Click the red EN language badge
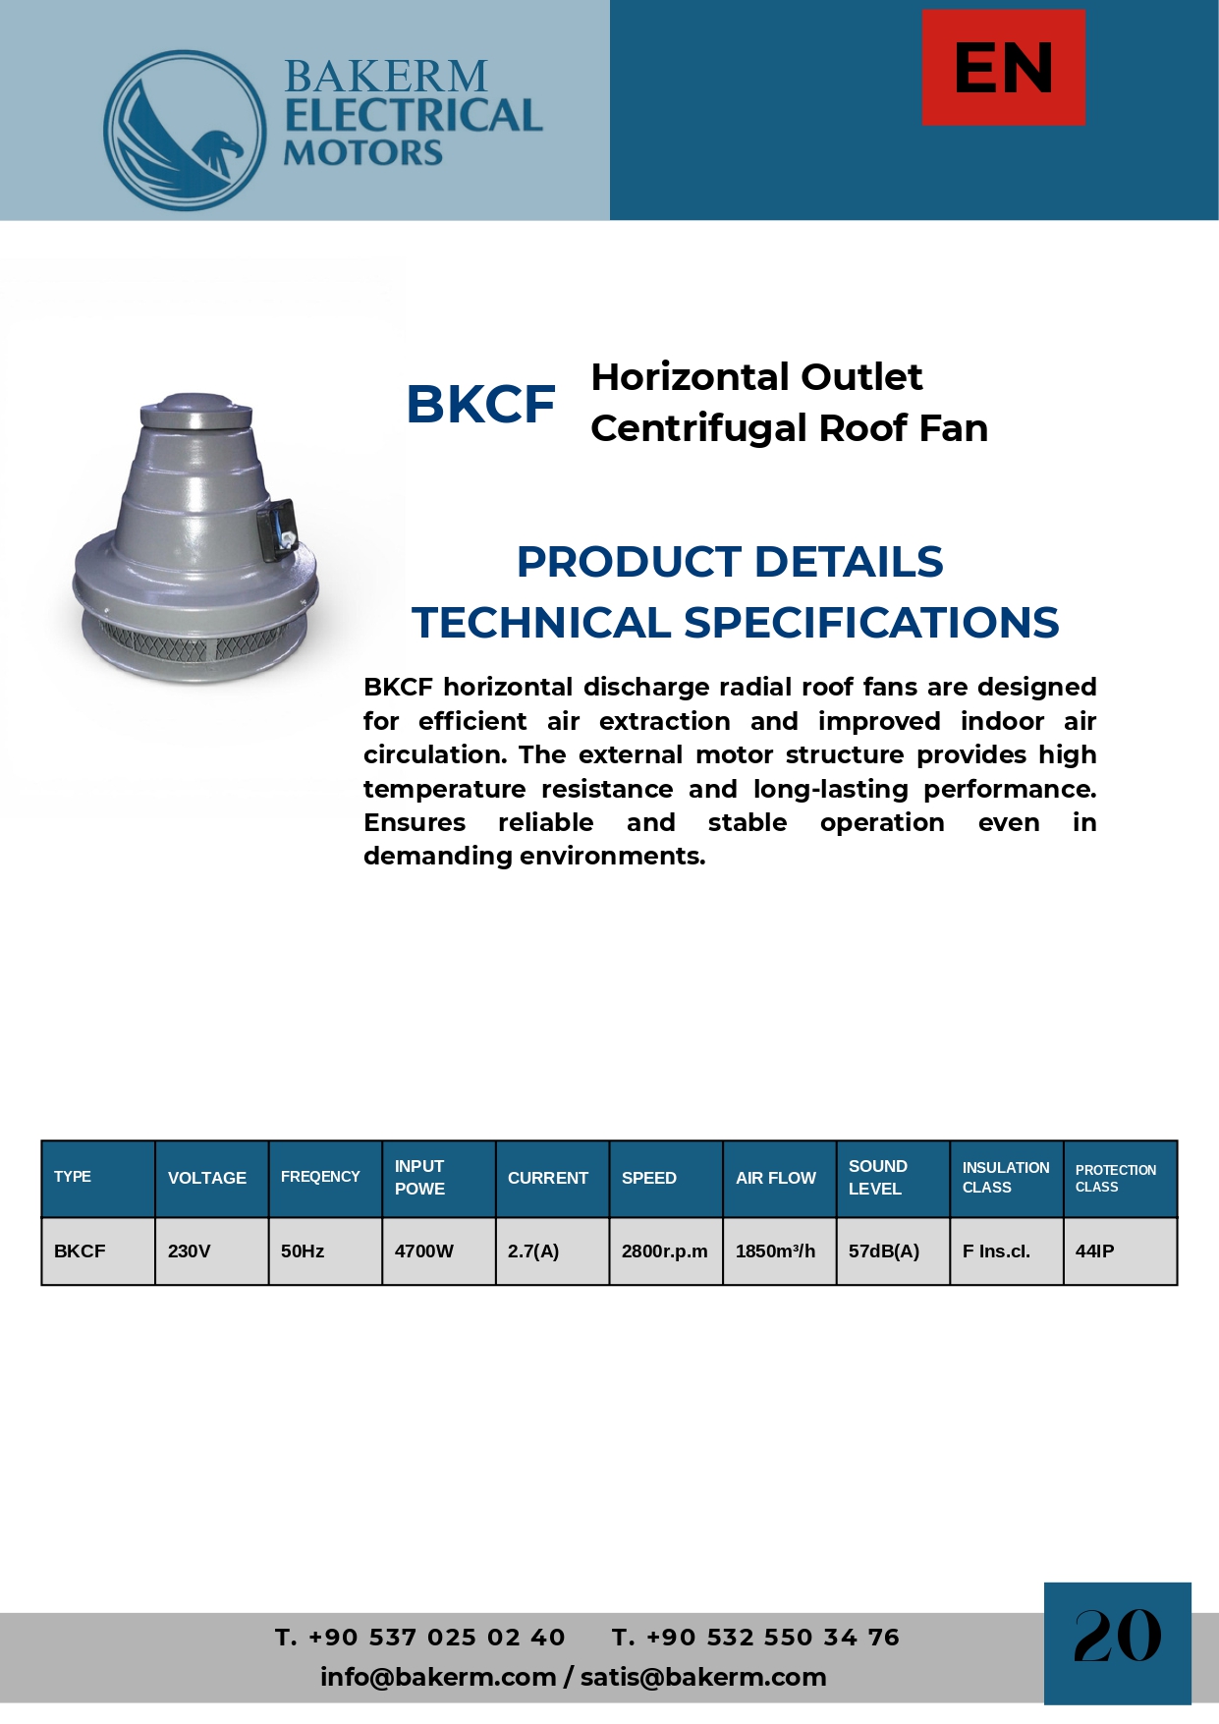(1003, 68)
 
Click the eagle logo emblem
(185, 131)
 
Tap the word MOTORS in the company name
(362, 153)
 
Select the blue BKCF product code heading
(480, 404)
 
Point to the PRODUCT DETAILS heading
(730, 562)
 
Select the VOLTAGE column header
(207, 1178)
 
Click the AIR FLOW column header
(776, 1178)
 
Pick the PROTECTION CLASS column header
(1116, 1178)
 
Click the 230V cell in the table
(190, 1251)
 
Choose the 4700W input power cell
(424, 1251)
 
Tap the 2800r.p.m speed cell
(664, 1251)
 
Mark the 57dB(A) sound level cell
(884, 1251)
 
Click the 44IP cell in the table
(1095, 1251)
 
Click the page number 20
(1117, 1637)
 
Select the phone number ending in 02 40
(420, 1638)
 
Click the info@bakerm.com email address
(438, 1677)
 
